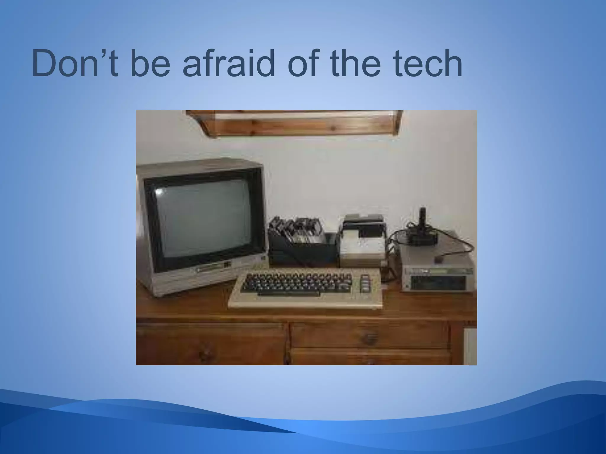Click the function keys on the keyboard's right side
(x=366, y=282)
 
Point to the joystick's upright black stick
(x=423, y=217)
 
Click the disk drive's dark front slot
(x=435, y=284)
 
